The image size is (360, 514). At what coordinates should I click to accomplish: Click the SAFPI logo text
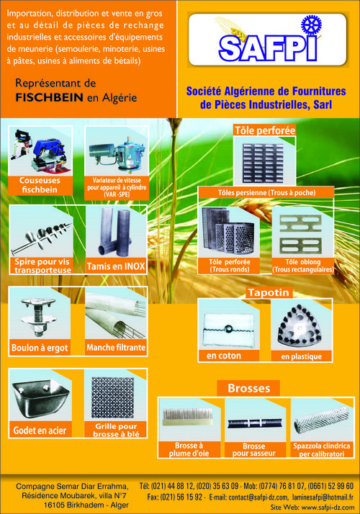point(268,48)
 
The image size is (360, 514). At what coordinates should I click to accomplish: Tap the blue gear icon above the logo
point(311,25)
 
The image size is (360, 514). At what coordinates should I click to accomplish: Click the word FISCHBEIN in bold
point(49,97)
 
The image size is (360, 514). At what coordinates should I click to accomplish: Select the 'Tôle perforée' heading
point(265,130)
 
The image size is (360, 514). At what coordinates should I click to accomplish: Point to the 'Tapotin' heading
point(269,292)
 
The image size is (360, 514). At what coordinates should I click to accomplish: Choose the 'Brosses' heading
point(249,388)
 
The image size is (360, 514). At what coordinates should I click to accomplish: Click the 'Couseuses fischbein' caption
point(40,185)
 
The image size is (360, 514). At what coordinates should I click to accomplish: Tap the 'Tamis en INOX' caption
point(116,266)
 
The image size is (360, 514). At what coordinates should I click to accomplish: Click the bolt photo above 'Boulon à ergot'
point(37,317)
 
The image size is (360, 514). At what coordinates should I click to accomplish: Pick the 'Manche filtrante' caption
point(116,348)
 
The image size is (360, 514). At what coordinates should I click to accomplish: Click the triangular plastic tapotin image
point(299,326)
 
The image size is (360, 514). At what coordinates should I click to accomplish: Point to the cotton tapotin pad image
point(229,329)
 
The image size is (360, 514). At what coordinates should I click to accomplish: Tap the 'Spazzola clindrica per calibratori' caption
point(322,450)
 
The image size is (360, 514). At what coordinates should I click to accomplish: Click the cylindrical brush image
point(322,420)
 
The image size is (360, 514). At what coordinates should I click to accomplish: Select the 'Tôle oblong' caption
point(303,266)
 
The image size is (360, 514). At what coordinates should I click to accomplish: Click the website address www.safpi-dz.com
point(328,507)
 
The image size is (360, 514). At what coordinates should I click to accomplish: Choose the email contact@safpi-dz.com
point(258,497)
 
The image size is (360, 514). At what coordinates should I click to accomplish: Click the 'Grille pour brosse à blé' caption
point(116,430)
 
